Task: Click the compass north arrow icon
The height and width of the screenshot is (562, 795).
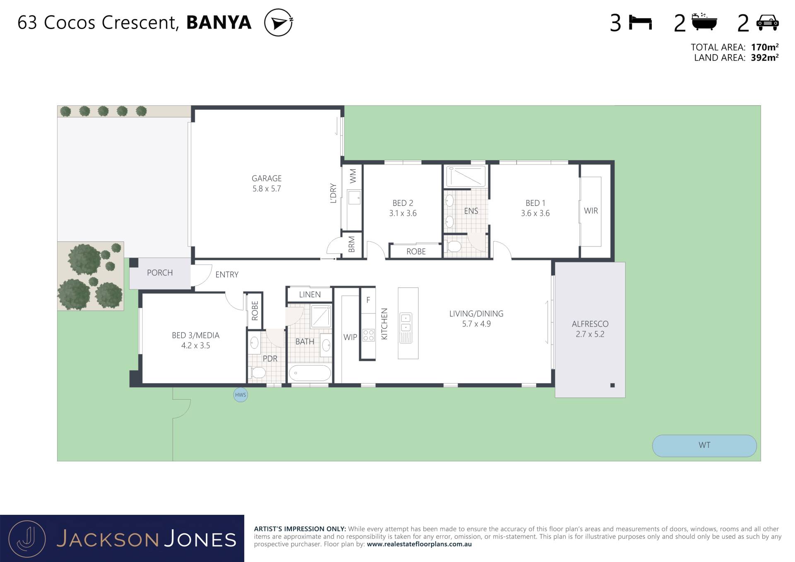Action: tap(279, 22)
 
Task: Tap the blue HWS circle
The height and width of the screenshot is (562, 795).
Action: tap(241, 395)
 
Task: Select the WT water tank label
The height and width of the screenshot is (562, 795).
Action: tap(704, 445)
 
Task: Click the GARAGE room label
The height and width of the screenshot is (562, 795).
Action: tap(267, 178)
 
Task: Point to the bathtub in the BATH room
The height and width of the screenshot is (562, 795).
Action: tap(310, 373)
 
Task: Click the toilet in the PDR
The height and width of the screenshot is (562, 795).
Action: tap(257, 373)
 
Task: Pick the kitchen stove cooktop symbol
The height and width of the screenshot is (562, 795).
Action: tap(369, 335)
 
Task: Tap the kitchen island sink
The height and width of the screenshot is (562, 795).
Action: tap(406, 323)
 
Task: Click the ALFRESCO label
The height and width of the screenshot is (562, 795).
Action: tap(590, 324)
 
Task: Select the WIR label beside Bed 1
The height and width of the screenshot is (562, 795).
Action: tap(591, 211)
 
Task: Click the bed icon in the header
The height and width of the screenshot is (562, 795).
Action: tap(640, 22)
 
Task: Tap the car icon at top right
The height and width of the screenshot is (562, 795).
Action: tap(768, 23)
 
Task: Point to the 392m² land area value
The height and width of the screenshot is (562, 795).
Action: tap(765, 58)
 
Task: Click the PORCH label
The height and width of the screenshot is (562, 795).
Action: tap(160, 273)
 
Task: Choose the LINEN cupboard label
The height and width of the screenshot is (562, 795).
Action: tap(310, 294)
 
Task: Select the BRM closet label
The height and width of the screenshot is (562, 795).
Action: tap(352, 244)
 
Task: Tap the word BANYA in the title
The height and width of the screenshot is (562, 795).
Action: tap(219, 22)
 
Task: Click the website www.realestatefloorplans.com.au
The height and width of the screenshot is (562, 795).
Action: tap(419, 544)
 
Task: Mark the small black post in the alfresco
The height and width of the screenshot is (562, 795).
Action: tap(612, 385)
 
